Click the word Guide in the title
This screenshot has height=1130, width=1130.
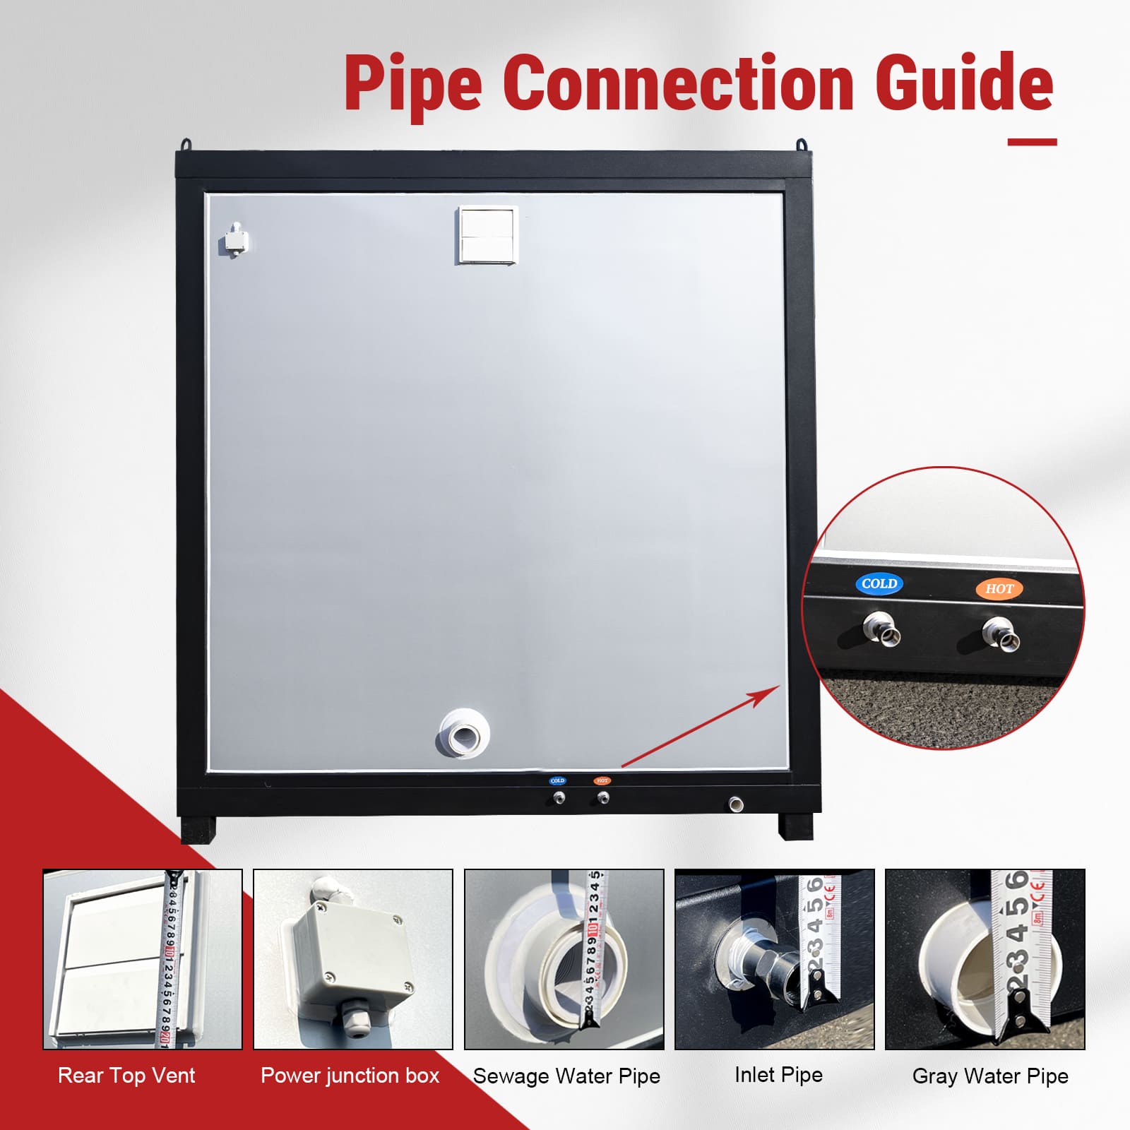coord(964,83)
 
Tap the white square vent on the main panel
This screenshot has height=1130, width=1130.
coord(487,234)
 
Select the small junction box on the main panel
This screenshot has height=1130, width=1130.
coord(234,240)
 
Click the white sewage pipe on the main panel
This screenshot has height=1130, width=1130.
coord(464,733)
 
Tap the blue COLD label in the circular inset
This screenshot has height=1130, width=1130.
coord(879,584)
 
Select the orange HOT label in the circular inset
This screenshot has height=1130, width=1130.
coord(999,588)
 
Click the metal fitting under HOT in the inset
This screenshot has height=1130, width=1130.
coord(1002,634)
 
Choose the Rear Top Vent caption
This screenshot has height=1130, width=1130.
coord(126,1076)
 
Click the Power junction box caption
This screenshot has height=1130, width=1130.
coord(350,1076)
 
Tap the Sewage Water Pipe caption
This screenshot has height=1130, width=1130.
coord(566,1076)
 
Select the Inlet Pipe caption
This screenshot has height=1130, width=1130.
coord(778,1075)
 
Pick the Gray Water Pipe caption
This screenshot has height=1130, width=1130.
coord(990,1076)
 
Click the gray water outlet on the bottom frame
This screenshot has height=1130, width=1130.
coord(735,803)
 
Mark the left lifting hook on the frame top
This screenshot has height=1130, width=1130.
coord(186,144)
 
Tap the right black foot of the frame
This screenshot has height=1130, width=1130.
coord(795,826)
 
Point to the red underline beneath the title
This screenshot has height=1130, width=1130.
coord(1032,142)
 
